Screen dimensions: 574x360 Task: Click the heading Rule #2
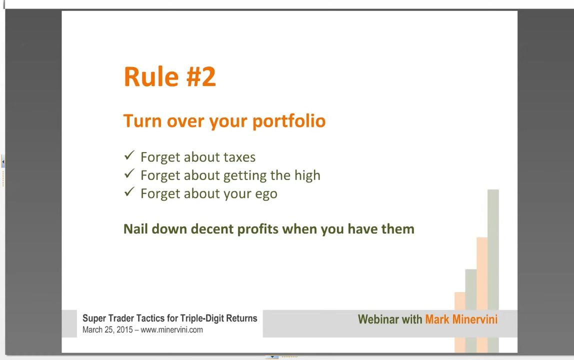170,76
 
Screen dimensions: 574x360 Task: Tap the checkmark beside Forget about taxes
129,155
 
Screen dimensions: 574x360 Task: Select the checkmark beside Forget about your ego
129,191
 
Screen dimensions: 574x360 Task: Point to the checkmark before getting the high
129,173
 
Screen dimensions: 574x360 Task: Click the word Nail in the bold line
135,229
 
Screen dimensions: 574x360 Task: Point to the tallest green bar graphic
493,271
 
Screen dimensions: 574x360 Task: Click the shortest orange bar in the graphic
460,322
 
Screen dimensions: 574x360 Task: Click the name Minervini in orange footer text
475,319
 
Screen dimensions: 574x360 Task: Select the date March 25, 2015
107,330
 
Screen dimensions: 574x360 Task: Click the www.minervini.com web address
171,330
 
